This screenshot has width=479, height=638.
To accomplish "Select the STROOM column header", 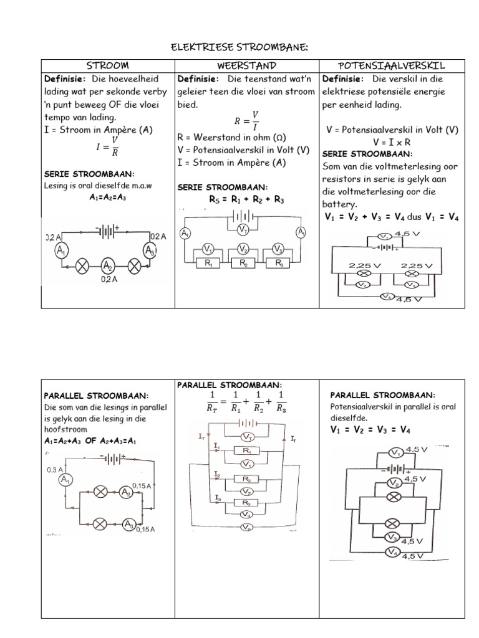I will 107,65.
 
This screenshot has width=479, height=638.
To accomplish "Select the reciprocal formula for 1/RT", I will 246,402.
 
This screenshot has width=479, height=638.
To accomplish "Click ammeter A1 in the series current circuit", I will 60,251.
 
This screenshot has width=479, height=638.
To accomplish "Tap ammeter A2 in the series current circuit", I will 107,267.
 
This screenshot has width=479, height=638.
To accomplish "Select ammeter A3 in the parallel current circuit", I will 129,525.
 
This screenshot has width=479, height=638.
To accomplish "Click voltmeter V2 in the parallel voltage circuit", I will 394,483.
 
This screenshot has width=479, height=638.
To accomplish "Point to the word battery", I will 339,204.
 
